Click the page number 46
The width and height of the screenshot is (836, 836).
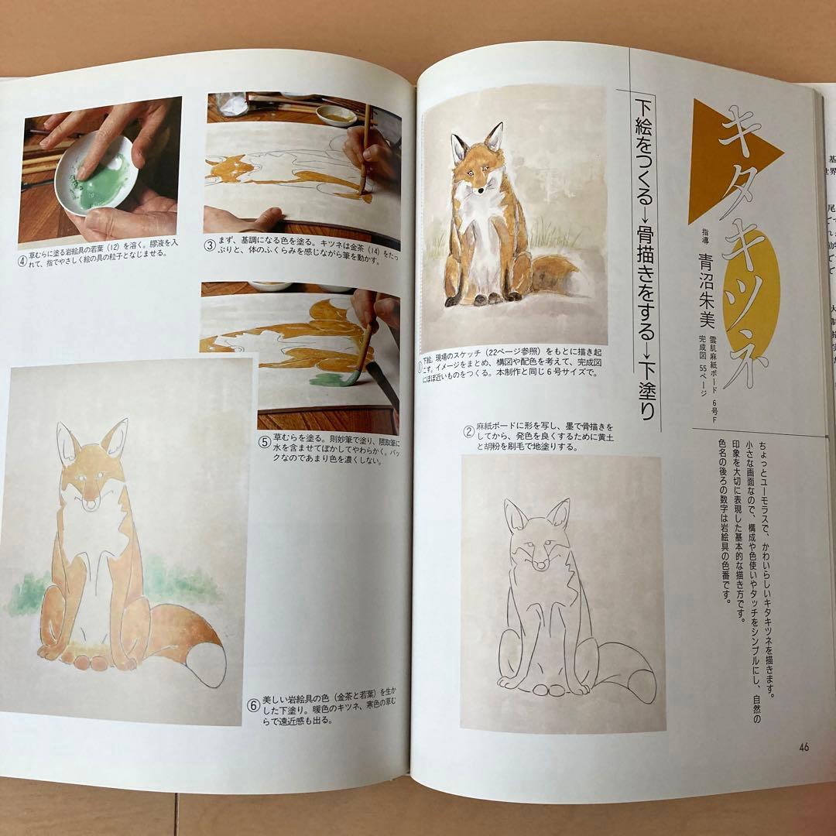pos(803,747)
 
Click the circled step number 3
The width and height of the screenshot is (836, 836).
pos(210,248)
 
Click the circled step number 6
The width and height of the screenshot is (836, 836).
pos(252,706)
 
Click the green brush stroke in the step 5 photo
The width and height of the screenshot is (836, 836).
pos(333,379)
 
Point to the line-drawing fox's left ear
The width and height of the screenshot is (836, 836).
pos(515,516)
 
